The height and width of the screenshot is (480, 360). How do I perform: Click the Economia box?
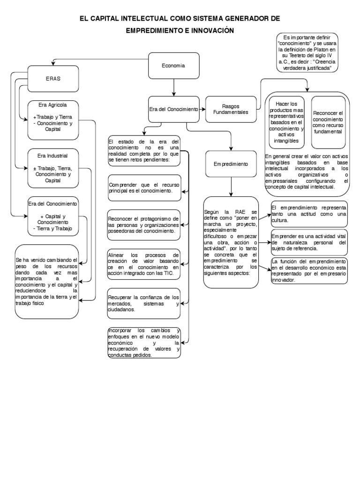(x=173, y=66)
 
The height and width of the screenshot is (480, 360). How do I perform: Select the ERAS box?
(x=53, y=78)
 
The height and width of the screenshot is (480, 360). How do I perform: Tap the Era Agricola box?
(x=53, y=120)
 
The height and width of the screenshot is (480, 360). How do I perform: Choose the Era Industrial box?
(x=53, y=167)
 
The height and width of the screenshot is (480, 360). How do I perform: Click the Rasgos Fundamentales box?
(x=231, y=109)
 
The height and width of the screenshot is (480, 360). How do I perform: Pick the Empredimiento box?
(x=231, y=165)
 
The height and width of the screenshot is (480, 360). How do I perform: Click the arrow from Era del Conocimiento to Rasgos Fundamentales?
(x=202, y=109)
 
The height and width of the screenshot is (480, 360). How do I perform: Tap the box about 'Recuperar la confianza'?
(x=143, y=303)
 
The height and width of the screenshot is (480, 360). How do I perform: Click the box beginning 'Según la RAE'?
(x=231, y=242)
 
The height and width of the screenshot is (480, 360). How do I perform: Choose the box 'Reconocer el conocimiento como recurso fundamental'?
(x=328, y=122)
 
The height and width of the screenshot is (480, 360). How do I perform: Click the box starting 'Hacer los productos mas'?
(x=286, y=122)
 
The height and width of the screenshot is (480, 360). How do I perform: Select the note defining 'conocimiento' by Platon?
(x=307, y=53)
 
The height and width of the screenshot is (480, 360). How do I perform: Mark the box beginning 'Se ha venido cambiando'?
(x=47, y=281)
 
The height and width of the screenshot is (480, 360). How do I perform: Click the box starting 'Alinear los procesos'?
(x=143, y=264)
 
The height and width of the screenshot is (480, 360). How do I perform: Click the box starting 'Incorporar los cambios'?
(x=143, y=343)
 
